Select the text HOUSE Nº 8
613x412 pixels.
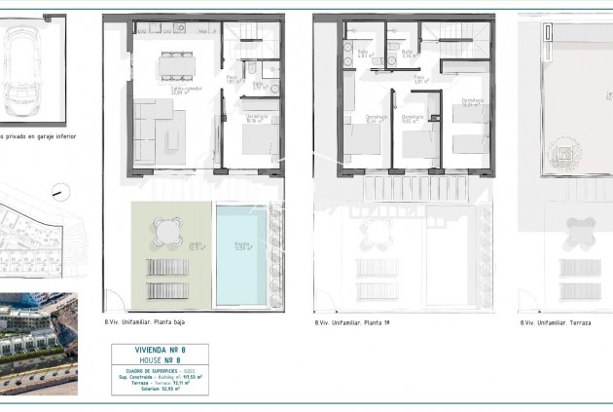click(x=159, y=360)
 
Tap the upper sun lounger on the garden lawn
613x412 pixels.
click(x=166, y=266)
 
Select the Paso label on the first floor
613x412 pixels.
click(x=418, y=78)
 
